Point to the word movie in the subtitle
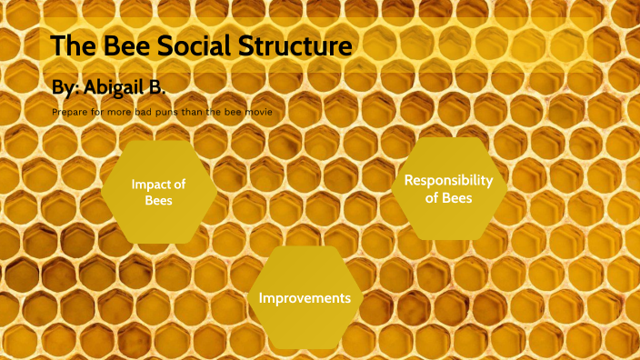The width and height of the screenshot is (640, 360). pos(256,112)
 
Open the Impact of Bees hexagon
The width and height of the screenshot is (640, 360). pos(159,192)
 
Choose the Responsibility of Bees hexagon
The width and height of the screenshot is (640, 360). pos(449,188)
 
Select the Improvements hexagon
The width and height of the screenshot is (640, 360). pos(305,297)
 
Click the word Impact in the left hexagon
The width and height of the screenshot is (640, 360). pos(152,185)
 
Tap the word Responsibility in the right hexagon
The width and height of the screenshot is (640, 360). pos(449,180)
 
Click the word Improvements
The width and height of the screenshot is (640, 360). pos(305,298)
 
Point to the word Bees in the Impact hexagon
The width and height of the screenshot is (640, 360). pos(158,201)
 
